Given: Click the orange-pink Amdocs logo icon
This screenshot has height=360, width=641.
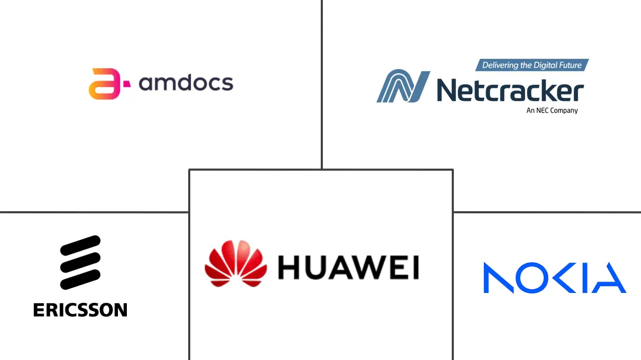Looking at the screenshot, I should [104, 83].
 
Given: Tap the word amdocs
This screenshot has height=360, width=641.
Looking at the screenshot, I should [186, 83].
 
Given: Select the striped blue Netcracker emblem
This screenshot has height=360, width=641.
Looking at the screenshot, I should [403, 86].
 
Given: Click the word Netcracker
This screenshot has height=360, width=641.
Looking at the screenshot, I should [510, 91].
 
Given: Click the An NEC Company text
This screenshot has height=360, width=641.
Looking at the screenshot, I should [552, 110].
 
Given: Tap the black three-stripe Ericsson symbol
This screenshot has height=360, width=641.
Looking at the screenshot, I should [80, 262].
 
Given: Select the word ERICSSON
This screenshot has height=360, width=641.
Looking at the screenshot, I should [80, 310].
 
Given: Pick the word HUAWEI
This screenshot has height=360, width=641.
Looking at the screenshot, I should [348, 268].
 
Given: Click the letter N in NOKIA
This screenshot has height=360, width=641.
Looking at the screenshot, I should [499, 278].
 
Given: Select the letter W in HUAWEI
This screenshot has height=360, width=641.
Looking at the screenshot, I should [362, 268].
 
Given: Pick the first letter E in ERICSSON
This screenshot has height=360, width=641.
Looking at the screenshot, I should [38, 310].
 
